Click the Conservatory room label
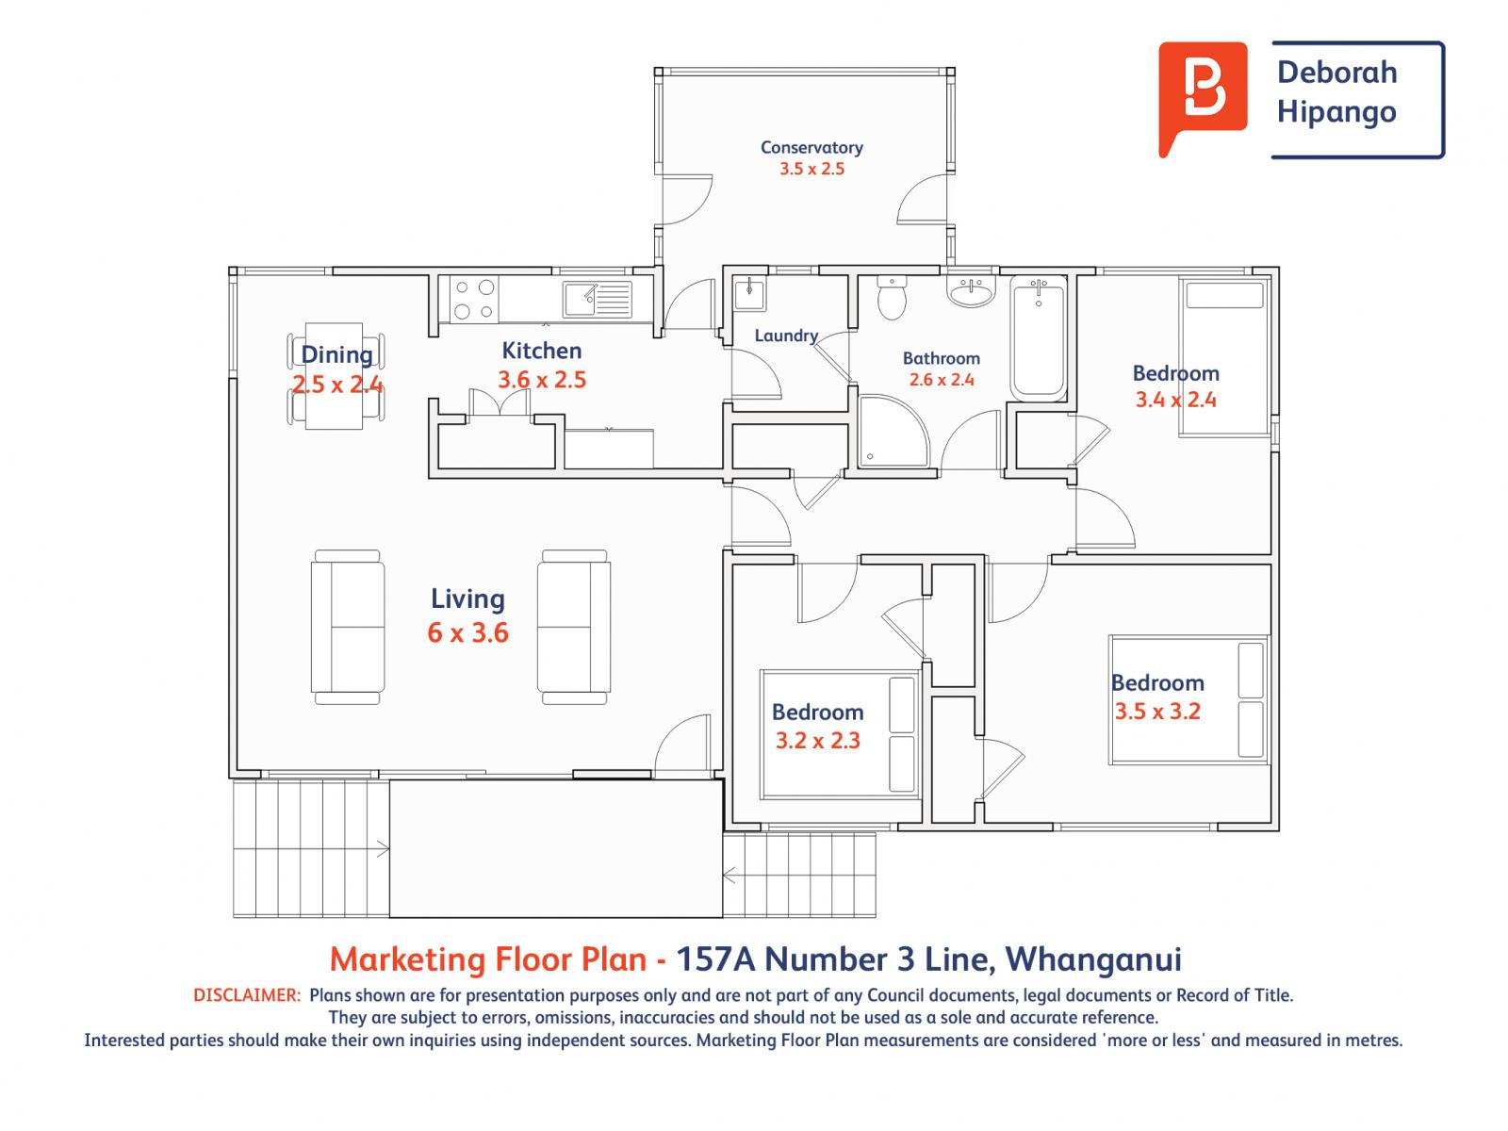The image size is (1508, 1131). tap(811, 148)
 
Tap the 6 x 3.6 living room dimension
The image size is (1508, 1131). tap(467, 632)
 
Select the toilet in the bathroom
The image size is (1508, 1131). tap(892, 299)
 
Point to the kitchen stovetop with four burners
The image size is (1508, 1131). tap(475, 300)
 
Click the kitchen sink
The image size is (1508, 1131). tap(597, 300)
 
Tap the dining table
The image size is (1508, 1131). tap(334, 376)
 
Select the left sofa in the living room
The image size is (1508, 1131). tap(348, 627)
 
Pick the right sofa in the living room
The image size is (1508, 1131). tap(574, 627)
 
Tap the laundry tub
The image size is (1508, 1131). tap(749, 295)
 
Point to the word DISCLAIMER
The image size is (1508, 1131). tap(247, 995)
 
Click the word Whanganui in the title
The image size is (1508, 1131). tap(1093, 959)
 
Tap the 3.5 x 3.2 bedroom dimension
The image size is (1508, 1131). tap(1157, 712)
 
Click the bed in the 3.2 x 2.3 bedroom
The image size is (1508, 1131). tap(840, 735)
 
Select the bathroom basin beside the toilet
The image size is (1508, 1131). tap(971, 291)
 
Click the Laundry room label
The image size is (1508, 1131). tap(786, 336)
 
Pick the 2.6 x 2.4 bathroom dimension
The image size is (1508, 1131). tap(942, 380)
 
